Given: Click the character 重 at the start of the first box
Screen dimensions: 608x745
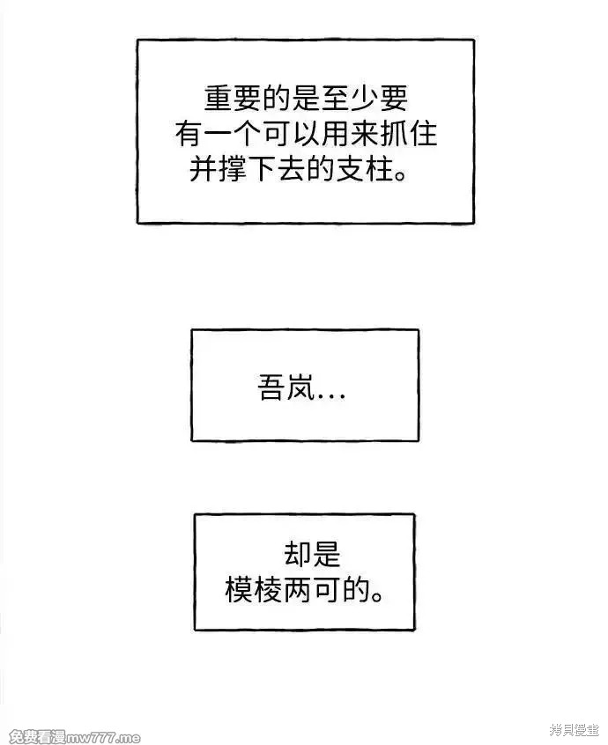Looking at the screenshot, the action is pos(219,99).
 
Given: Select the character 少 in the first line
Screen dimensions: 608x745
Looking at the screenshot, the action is pos(365,99).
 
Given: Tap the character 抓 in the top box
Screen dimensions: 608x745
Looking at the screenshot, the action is pos(394,134).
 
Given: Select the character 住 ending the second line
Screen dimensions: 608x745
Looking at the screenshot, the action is pos(423,134).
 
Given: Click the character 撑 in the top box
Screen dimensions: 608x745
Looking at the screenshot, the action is pos(234,169).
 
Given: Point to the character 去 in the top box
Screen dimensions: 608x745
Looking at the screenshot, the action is pos(292,169).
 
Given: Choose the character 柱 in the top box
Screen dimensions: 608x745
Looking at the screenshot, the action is pos(380,169).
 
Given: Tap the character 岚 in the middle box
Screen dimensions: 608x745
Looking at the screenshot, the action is pos(300,387).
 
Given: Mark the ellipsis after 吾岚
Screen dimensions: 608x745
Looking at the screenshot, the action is pos(331,395).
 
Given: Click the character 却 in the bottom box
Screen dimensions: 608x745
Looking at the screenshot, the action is pos(298,554).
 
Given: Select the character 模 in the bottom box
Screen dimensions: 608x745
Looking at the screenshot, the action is pos(239,590).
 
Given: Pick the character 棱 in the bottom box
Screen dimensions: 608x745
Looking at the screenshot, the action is pos(269,590).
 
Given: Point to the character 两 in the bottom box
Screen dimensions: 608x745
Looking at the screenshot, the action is pos(298,590).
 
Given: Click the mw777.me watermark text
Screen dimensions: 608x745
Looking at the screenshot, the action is pos(104,737).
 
